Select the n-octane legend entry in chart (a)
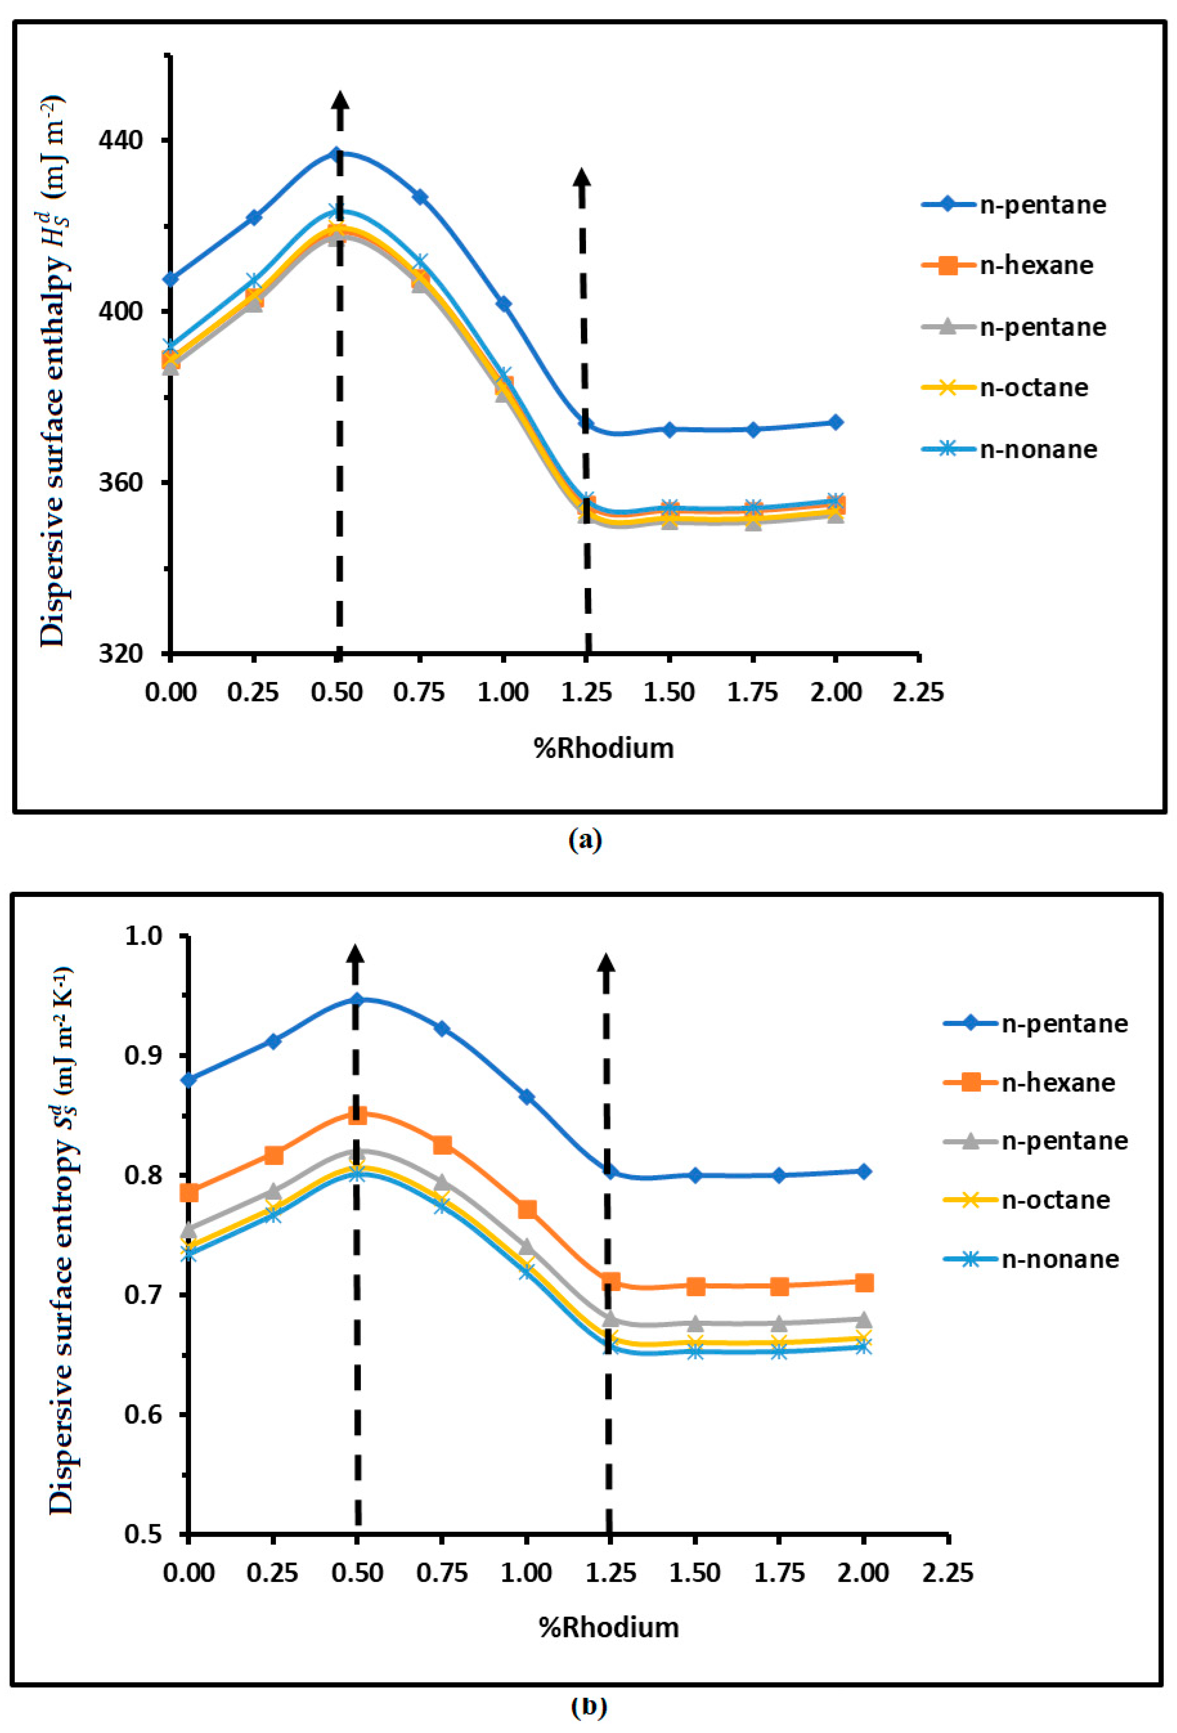coord(1034,388)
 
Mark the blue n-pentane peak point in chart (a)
coord(337,154)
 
